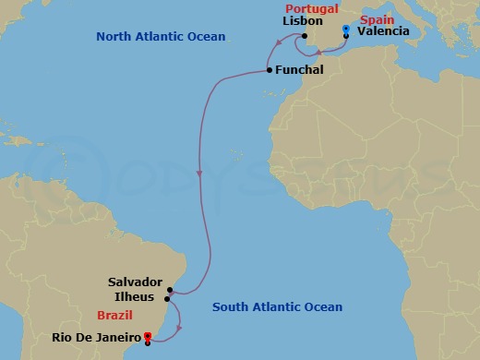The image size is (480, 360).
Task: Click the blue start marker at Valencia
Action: (345, 31)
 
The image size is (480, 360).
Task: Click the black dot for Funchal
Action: (268, 70)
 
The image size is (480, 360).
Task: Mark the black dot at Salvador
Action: (171, 289)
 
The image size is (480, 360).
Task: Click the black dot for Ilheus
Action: (167, 298)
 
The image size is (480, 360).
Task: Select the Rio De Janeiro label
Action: (94, 338)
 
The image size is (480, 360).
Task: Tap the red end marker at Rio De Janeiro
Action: (149, 338)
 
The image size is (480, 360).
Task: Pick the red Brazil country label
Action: (115, 315)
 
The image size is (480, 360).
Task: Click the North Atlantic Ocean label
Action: (161, 36)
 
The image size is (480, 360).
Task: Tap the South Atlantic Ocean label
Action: (277, 307)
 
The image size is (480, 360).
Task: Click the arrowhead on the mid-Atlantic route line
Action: (200, 174)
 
